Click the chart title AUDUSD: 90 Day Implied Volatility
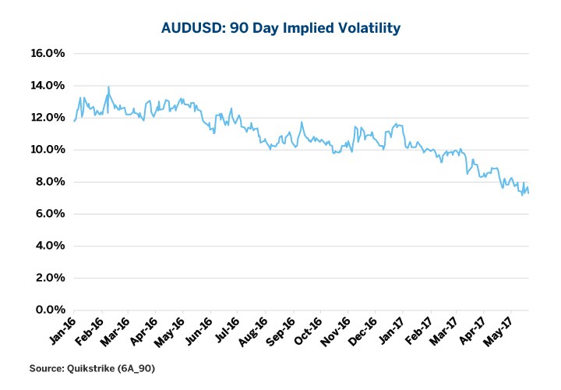point(280,29)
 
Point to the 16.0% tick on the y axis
point(47,54)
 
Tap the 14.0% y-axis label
point(47,86)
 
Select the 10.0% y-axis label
point(47,150)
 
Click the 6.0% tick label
point(48,214)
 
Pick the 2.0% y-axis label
point(48,278)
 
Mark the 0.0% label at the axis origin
point(48,310)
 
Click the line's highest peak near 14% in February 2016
point(108,87)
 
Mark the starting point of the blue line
point(74,121)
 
